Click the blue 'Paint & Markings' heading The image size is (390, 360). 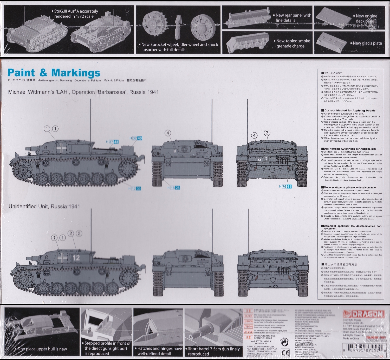(x=54, y=73)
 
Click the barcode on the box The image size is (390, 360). (x=364, y=349)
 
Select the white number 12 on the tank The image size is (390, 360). (x=76, y=258)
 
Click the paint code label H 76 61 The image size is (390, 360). (x=285, y=186)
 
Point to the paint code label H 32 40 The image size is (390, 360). (x=136, y=138)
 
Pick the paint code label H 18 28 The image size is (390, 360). (x=174, y=188)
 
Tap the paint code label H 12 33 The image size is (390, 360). (x=135, y=188)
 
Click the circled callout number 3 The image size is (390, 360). (x=267, y=133)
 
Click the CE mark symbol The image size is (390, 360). (x=285, y=353)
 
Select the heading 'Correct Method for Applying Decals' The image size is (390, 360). (x=350, y=110)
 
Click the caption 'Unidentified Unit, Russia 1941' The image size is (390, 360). (x=44, y=206)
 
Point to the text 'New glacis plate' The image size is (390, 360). (x=367, y=43)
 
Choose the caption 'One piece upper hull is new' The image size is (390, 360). (x=42, y=349)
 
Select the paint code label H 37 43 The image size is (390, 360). (x=112, y=142)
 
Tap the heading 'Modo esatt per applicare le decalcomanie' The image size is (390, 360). (x=350, y=187)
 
